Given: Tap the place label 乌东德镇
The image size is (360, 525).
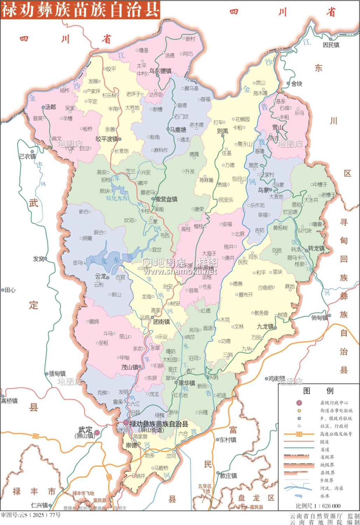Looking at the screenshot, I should (x=160, y=71).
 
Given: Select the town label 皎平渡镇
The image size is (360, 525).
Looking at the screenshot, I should (x=107, y=139).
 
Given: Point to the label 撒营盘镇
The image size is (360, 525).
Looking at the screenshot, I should (x=166, y=199).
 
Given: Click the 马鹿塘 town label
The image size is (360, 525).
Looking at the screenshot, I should (x=178, y=130).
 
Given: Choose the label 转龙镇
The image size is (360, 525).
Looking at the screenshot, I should (x=316, y=248).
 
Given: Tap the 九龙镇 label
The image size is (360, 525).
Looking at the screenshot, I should (x=265, y=327).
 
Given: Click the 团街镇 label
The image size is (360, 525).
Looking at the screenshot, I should (x=161, y=321).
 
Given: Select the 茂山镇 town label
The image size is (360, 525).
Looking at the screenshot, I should (x=130, y=367).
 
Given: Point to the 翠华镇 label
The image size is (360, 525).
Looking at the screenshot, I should (x=187, y=383).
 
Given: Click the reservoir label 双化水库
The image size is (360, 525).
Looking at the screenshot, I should (x=117, y=198).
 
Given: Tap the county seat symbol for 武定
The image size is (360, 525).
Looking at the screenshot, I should (x=97, y=433).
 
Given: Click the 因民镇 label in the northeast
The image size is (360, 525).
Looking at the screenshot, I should (x=331, y=45).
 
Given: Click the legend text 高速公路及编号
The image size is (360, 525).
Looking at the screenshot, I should (x=336, y=434).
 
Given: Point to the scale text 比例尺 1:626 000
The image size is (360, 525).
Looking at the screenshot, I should (x=318, y=506).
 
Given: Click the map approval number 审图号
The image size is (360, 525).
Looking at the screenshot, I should (x=31, y=515).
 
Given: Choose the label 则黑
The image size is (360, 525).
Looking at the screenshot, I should (x=222, y=131).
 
